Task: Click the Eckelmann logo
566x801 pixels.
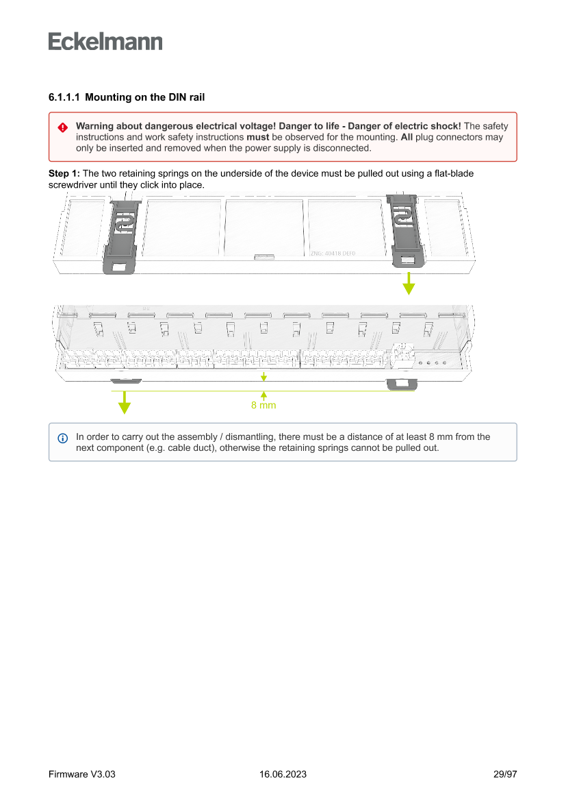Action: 105,42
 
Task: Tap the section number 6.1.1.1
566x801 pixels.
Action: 64,98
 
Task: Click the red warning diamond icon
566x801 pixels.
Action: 62,127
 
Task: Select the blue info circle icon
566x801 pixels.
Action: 62,438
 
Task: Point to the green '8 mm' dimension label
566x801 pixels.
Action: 263,406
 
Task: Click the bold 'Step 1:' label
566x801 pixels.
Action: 64,174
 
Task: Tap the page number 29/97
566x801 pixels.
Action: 505,774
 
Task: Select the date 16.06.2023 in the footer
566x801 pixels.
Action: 283,774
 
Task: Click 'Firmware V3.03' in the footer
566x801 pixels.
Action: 82,774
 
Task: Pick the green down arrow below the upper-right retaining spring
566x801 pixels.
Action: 409,283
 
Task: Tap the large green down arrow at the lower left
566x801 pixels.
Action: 124,402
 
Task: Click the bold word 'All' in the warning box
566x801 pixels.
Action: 407,137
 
